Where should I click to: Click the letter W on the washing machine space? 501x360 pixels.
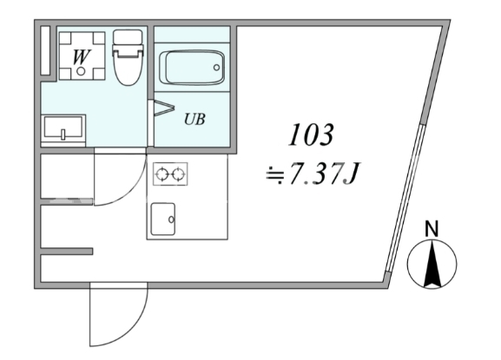pyautogui.click(x=81, y=57)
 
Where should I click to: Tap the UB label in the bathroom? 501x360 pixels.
pyautogui.click(x=194, y=119)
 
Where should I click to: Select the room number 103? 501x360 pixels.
pyautogui.click(x=311, y=135)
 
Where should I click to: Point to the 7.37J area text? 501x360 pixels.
pyautogui.click(x=325, y=174)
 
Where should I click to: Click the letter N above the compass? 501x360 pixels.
pyautogui.click(x=432, y=228)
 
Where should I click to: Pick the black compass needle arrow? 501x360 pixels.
pyautogui.click(x=432, y=264)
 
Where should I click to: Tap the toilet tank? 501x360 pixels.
pyautogui.click(x=128, y=38)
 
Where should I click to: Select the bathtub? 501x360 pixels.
pyautogui.click(x=192, y=68)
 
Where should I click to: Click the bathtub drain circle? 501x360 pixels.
pyautogui.click(x=216, y=68)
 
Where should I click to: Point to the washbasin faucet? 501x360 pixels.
pyautogui.click(x=63, y=134)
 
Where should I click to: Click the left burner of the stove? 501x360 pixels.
pyautogui.click(x=162, y=174)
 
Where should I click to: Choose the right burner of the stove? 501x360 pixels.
pyautogui.click(x=178, y=174)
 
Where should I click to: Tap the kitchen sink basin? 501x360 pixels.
pyautogui.click(x=163, y=219)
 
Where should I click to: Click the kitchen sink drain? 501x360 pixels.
pyautogui.click(x=171, y=219)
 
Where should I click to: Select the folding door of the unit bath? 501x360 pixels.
pyautogui.click(x=164, y=108)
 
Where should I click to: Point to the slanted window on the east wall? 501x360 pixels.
pyautogui.click(x=405, y=197)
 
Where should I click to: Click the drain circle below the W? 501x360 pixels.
pyautogui.click(x=81, y=71)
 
